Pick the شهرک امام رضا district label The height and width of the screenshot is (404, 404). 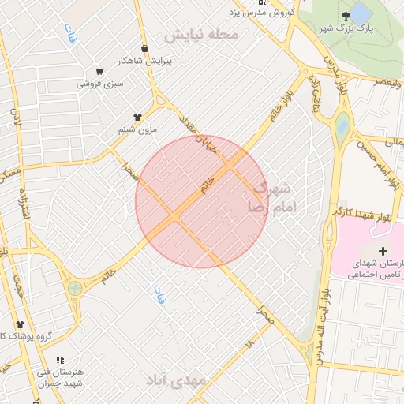273,197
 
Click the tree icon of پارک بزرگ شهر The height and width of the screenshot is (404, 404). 345,16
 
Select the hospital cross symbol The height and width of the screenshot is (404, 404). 383,251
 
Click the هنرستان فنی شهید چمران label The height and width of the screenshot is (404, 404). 60,376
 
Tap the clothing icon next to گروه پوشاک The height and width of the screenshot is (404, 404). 20,324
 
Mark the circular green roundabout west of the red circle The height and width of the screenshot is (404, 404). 75,288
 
